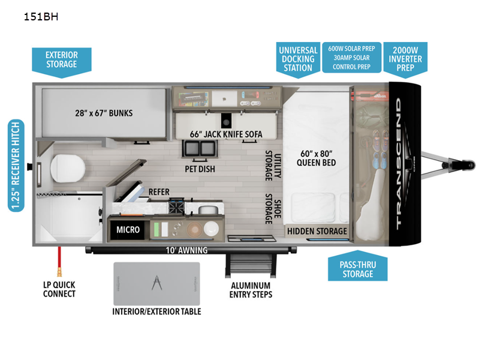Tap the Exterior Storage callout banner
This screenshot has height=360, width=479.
(61, 59)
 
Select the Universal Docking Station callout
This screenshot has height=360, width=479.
(298, 59)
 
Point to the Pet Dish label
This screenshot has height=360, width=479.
(200, 169)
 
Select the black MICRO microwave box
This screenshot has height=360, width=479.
(128, 229)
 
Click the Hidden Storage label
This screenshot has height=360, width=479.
(317, 231)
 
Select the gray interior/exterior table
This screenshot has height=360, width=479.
(156, 283)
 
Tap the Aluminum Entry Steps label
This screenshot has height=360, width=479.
(251, 290)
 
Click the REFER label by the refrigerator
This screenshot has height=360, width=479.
(159, 192)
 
